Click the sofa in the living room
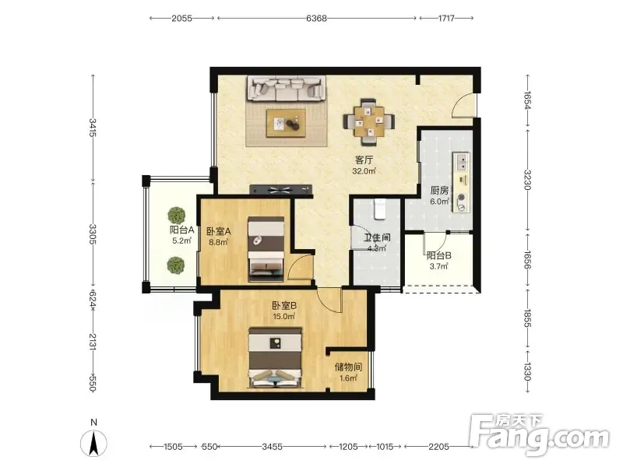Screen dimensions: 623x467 (x=287, y=88)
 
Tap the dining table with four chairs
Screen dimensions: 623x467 (x=369, y=121)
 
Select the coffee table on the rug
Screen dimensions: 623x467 (x=286, y=124)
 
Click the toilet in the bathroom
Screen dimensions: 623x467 (x=380, y=209)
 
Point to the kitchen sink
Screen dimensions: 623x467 (x=462, y=162)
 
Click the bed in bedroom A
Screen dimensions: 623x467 (x=266, y=249)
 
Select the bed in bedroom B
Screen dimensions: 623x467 (x=275, y=357)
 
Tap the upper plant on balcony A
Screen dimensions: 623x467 (x=177, y=216)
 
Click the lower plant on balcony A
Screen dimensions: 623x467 (x=176, y=265)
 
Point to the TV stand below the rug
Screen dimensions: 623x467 (x=280, y=189)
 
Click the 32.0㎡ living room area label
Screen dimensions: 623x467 (x=364, y=171)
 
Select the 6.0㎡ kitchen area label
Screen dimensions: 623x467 (x=439, y=202)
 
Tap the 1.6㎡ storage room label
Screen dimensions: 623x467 (x=348, y=378)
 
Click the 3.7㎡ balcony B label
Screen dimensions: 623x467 (x=438, y=266)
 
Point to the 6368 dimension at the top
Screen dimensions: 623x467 (x=317, y=18)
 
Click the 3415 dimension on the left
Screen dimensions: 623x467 (x=93, y=128)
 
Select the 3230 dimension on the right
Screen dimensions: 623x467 (x=527, y=180)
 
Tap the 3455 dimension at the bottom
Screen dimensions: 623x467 (x=272, y=447)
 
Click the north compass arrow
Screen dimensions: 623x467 (x=93, y=443)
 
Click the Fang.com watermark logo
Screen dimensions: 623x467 (x=539, y=436)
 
